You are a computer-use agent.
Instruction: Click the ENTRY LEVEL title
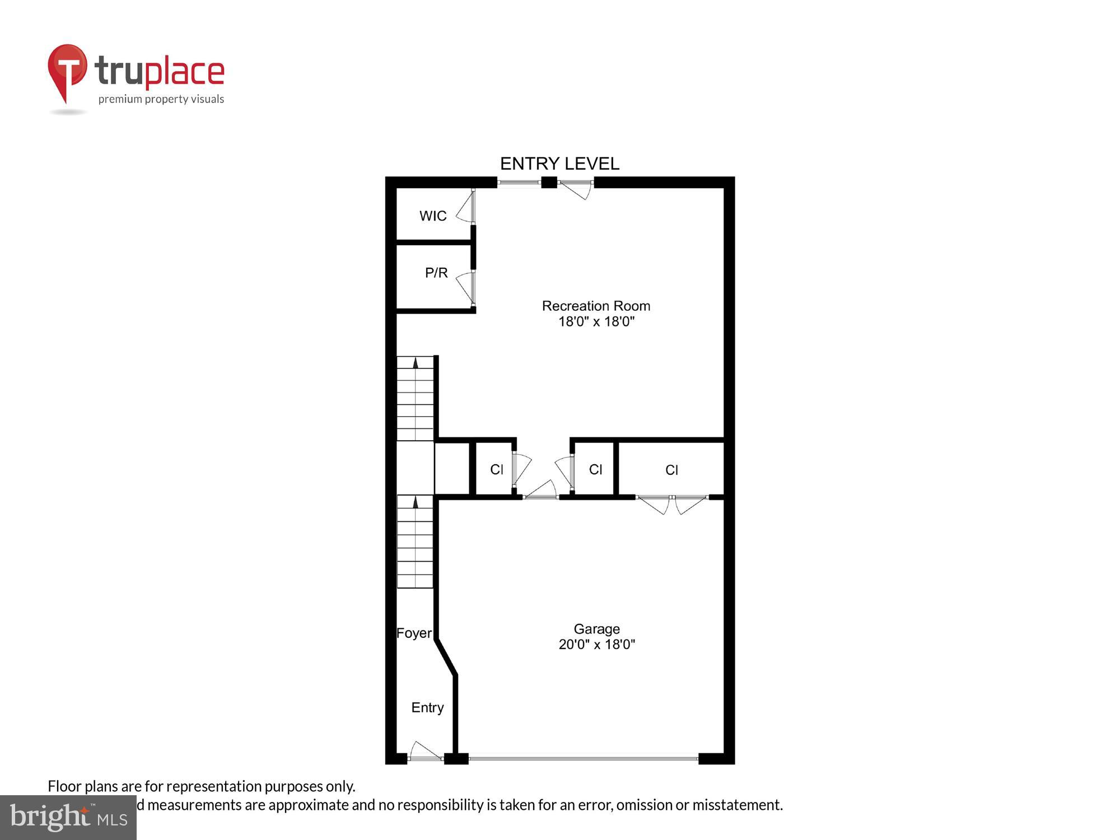(x=559, y=164)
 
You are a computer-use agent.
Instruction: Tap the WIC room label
(x=433, y=216)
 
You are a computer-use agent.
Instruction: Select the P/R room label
(x=436, y=273)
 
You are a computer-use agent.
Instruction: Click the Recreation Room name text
(x=596, y=306)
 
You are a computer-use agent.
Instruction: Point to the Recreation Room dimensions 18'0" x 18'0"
(x=596, y=321)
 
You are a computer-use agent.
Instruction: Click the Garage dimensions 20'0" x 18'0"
(x=596, y=645)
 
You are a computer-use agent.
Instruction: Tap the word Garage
(x=596, y=629)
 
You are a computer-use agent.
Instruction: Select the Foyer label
(x=414, y=633)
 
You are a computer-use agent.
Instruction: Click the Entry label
(x=427, y=708)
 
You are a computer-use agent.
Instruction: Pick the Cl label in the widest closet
(x=671, y=470)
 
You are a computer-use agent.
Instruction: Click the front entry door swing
(x=424, y=752)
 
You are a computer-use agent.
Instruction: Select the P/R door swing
(x=465, y=287)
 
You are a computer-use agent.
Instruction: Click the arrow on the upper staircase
(x=416, y=363)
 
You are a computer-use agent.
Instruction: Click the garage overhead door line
(x=583, y=759)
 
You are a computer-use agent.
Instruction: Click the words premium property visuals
(x=161, y=100)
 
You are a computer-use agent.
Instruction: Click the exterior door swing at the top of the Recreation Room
(x=577, y=190)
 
